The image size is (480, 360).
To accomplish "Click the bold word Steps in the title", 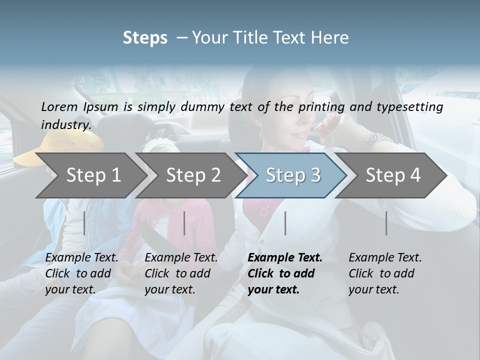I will (145, 38).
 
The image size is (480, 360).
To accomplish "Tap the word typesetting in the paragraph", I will (408, 107).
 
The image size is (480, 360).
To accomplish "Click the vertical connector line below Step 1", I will (84, 223).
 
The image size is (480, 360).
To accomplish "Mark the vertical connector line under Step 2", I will (184, 223).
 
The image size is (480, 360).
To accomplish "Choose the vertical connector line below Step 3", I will (285, 223).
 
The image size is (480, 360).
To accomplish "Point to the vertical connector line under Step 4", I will (386, 223).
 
